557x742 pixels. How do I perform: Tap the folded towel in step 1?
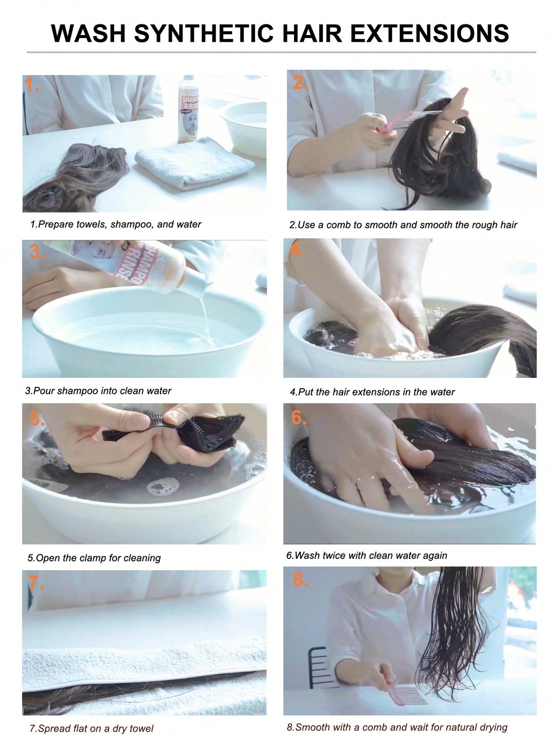(x=194, y=163)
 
